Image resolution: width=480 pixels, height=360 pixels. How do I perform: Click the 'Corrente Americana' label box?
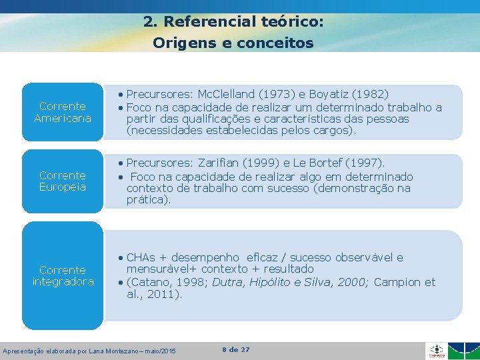click(63, 112)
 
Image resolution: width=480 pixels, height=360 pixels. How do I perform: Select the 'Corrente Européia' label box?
click(63, 181)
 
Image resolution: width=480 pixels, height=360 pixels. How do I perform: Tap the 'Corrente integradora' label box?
click(63, 275)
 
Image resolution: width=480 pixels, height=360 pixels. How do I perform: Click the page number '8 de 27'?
click(235, 349)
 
